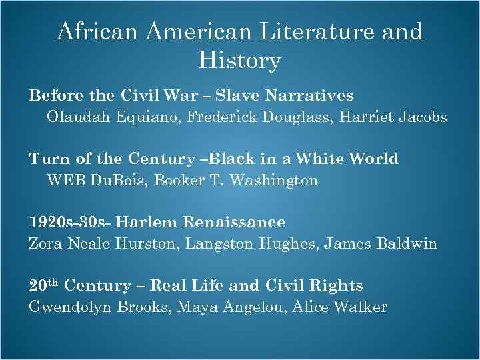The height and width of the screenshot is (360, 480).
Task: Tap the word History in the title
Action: (240, 61)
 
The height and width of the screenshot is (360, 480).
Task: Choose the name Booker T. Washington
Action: (236, 180)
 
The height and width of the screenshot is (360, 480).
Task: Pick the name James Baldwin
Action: (381, 243)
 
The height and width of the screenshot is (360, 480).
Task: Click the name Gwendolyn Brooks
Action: (87, 307)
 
